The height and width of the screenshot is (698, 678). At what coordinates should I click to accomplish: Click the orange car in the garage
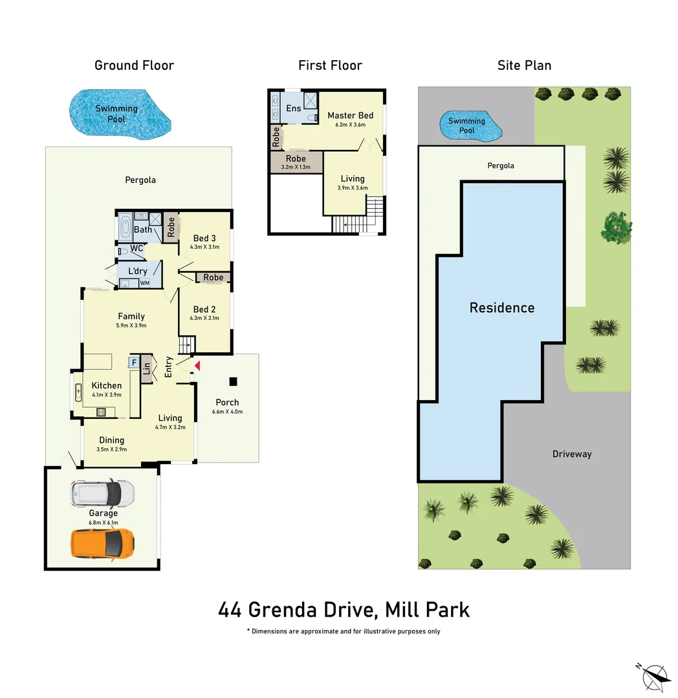103,543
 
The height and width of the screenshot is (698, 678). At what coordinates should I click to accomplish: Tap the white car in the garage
103,494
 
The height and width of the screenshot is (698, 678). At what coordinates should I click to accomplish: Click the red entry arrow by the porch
197,366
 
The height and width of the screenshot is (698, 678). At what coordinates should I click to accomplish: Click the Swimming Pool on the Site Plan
471,125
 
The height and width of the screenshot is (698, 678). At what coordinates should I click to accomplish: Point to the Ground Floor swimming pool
119,114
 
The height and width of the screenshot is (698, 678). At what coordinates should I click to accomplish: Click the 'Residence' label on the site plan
502,308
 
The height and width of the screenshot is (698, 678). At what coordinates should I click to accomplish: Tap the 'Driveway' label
572,454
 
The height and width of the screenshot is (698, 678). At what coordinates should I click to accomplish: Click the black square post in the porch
233,381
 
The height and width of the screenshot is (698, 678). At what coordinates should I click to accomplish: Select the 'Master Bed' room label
350,116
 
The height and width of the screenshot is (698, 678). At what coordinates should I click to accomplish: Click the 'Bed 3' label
204,238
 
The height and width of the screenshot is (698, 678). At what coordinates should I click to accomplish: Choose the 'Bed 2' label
204,310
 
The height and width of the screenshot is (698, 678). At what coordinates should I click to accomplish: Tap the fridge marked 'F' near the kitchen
134,363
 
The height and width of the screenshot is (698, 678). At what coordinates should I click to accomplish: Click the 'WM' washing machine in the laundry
145,282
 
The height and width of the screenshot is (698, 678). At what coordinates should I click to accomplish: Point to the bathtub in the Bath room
125,228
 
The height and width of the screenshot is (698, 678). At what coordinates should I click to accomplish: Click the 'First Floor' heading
330,65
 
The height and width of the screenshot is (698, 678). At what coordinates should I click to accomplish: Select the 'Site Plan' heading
524,65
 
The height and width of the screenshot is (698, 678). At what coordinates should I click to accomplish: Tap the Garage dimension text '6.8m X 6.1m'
104,522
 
